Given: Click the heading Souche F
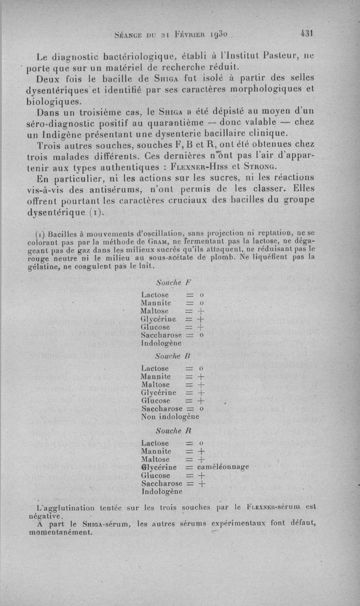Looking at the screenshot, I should pos(173,283).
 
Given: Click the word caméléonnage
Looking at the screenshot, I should pos(223,467).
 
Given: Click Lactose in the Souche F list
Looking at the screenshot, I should pos(155,295).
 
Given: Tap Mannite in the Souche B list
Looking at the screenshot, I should pos(156,376).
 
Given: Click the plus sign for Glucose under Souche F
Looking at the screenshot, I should pos(202,327).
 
